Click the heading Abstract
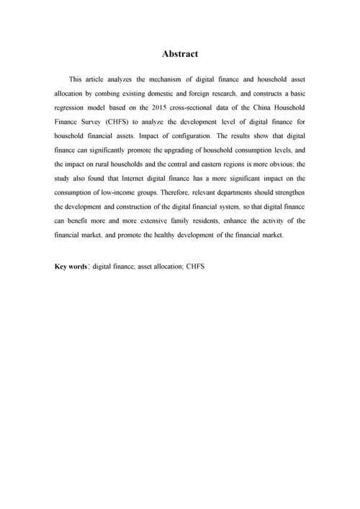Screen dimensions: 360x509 point(179,53)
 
